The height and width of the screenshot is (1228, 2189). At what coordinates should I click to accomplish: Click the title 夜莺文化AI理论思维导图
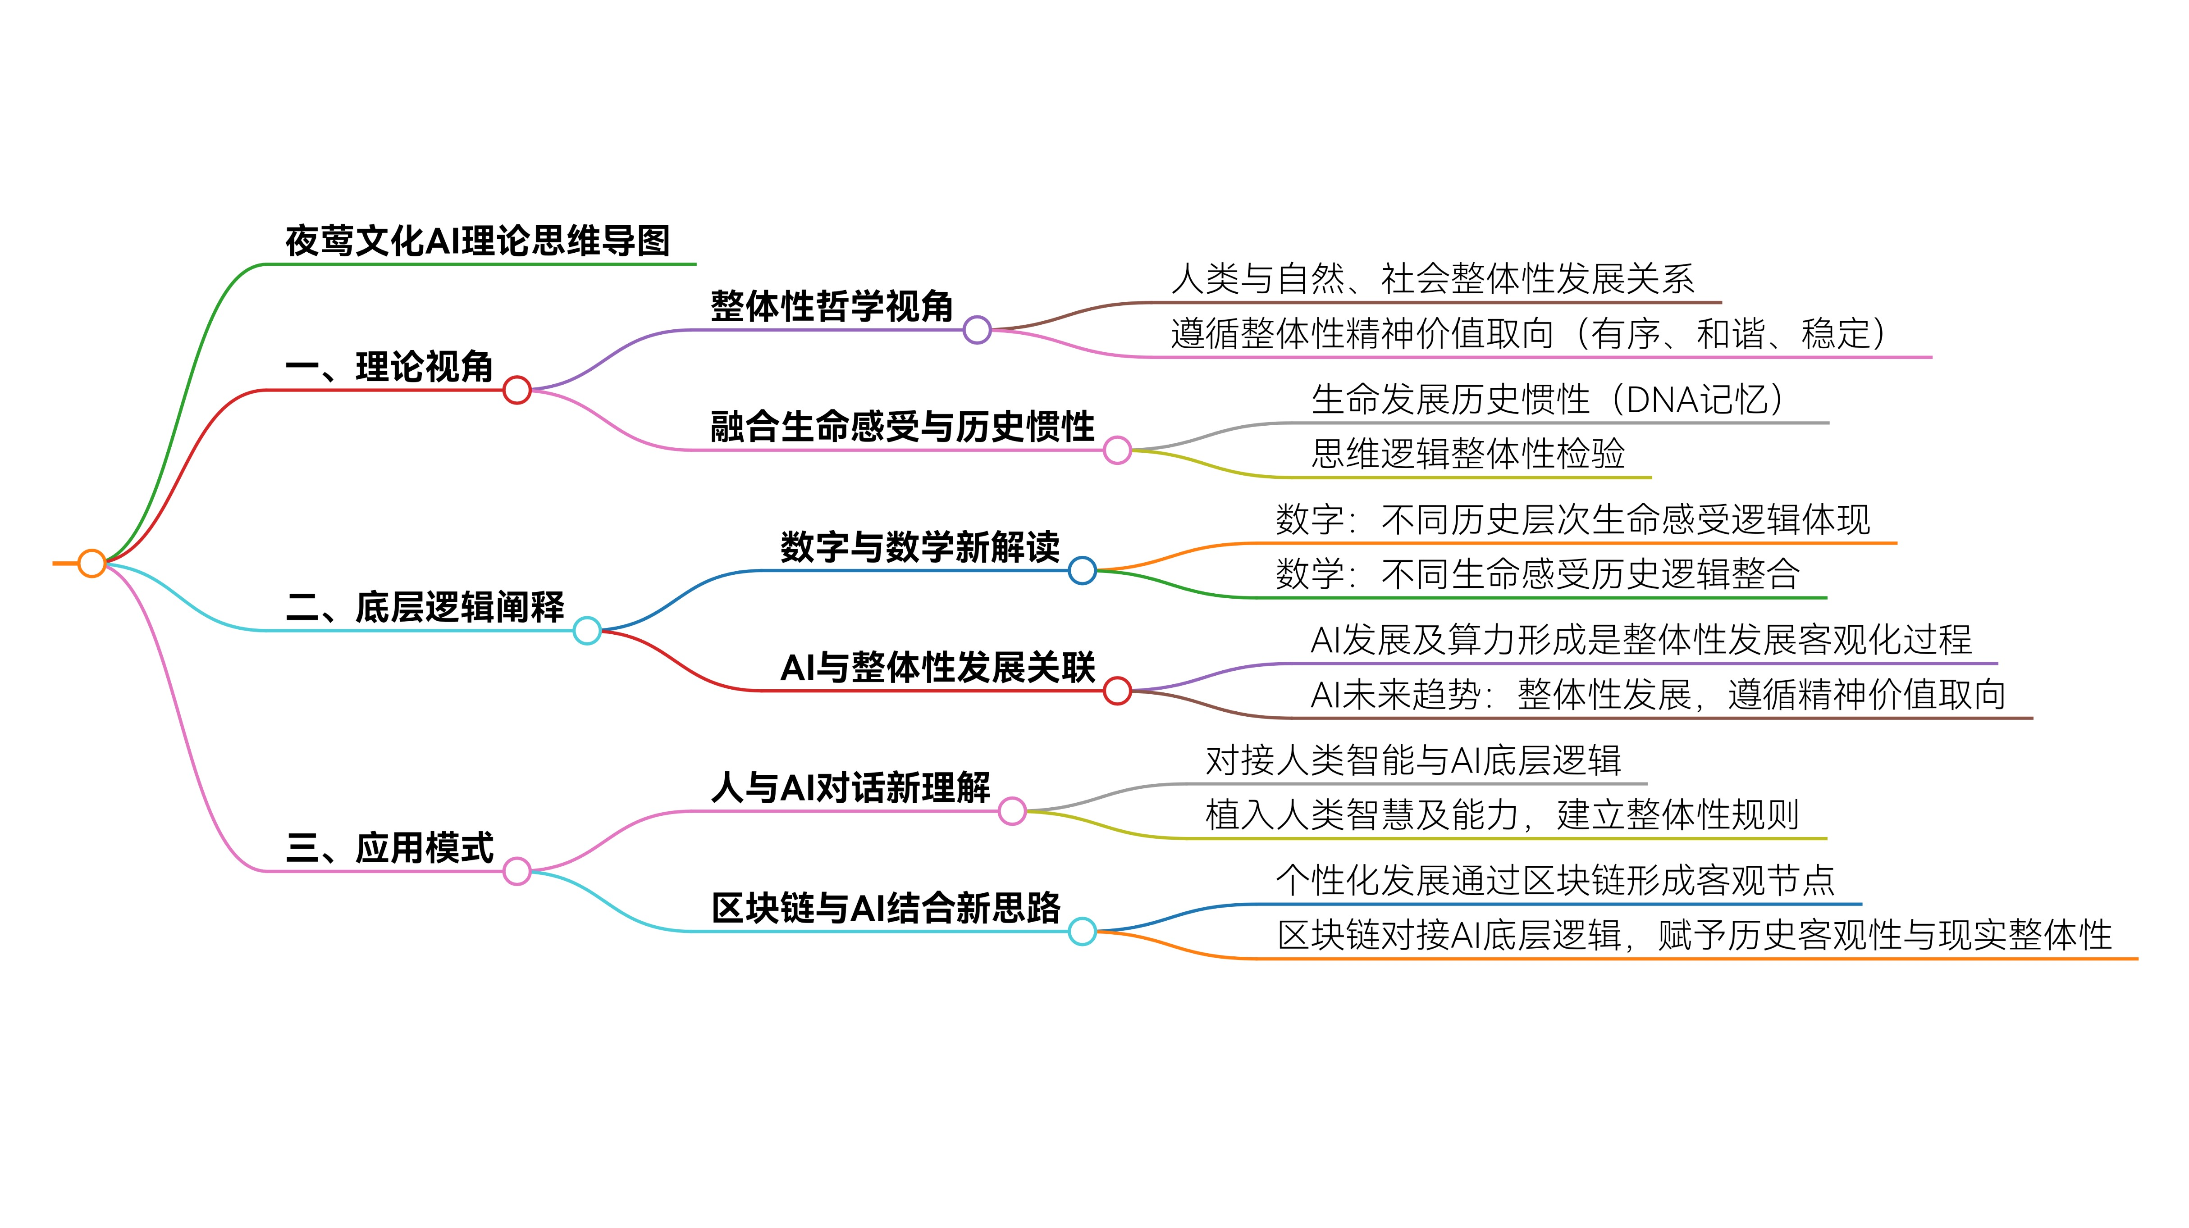478,241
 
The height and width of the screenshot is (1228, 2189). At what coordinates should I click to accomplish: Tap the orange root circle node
92,563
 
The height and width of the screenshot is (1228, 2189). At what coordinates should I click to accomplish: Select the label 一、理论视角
389,367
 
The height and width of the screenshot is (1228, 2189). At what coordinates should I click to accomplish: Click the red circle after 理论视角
516,391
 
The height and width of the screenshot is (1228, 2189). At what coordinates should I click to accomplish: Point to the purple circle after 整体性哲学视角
977,329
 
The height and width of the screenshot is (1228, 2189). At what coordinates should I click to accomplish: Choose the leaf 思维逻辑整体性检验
1467,454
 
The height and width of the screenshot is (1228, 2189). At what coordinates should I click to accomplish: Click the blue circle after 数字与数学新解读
1082,571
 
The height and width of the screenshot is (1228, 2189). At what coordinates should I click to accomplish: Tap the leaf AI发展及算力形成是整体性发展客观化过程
1640,640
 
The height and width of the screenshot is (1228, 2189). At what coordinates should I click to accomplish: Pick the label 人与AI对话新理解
850,788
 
